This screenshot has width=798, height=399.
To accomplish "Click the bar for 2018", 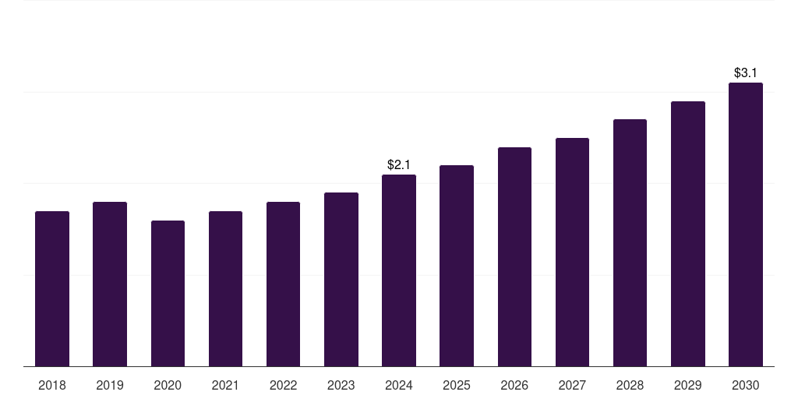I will (x=52, y=288).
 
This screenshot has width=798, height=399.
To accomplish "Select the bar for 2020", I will (x=168, y=293).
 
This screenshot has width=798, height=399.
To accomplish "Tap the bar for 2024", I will (x=399, y=270).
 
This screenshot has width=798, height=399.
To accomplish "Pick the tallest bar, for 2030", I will (x=745, y=224).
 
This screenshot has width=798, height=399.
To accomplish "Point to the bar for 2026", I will (x=514, y=256).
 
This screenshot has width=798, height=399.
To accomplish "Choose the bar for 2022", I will (x=283, y=284).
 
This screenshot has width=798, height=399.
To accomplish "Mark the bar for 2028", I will (x=630, y=242).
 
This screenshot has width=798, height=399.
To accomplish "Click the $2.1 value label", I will (x=399, y=164).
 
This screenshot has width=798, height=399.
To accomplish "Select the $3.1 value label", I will (x=745, y=72).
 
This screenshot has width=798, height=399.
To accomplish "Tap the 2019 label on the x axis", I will (x=110, y=385).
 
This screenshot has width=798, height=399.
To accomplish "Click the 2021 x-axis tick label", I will (x=225, y=385).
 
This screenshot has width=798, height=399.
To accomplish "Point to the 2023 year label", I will (x=341, y=385).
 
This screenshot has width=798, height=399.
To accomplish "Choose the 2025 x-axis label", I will (x=457, y=385).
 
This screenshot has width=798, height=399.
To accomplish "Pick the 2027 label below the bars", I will (x=572, y=385).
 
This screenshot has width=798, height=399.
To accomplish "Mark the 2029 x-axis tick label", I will (x=687, y=385).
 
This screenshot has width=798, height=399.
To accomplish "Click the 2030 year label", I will (x=745, y=385).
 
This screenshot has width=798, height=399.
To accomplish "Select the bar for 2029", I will (x=687, y=234).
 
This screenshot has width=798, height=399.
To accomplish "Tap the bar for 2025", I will (x=457, y=266).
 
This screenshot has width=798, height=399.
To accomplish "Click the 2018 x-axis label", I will (x=52, y=385).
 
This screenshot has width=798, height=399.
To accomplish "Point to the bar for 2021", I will (x=225, y=288).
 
